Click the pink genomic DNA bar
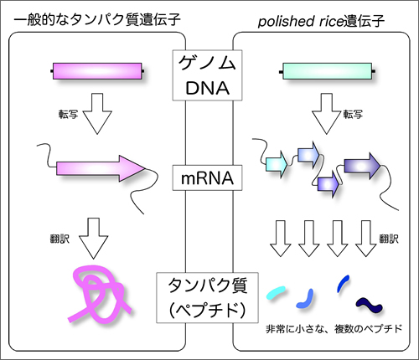[x=97, y=71]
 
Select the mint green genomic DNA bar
[x=327, y=71]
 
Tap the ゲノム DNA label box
[x=207, y=75]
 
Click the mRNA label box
[x=207, y=178]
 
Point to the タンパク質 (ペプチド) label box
[x=207, y=298]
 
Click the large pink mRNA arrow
[x=101, y=168]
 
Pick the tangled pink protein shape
[x=99, y=295]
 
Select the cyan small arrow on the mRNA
[x=277, y=163]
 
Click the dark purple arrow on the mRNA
[x=362, y=166]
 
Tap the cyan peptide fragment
[x=276, y=292]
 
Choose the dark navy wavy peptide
[x=370, y=306]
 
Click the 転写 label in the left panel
[x=68, y=115]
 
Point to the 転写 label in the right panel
[x=353, y=115]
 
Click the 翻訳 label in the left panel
[x=59, y=239]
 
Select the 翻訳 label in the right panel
[x=389, y=239]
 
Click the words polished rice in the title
[x=300, y=22]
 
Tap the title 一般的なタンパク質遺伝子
[x=97, y=20]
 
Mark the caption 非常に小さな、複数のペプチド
[x=334, y=329]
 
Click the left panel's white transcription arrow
[x=97, y=114]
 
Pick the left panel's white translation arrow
[x=93, y=239]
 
